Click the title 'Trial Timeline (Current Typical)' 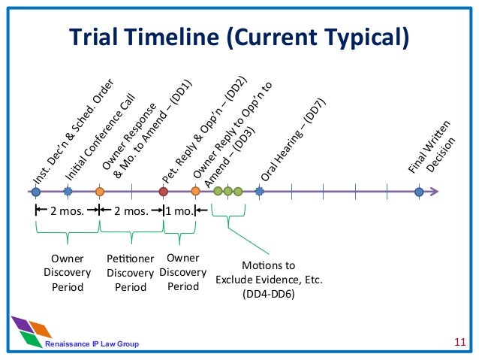pyautogui.click(x=239, y=37)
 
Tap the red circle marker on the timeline pyautogui.click(x=164, y=192)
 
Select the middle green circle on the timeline pyautogui.click(x=227, y=192)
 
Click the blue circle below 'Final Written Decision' pyautogui.click(x=419, y=192)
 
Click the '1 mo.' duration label pyautogui.click(x=179, y=212)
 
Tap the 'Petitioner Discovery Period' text pyautogui.click(x=130, y=272)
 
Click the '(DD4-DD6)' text pyautogui.click(x=268, y=294)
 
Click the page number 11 pyautogui.click(x=461, y=343)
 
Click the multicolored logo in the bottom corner pyautogui.click(x=31, y=331)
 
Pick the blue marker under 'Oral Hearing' pyautogui.click(x=259, y=192)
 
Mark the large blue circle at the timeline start pyautogui.click(x=35, y=192)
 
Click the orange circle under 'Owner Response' pyautogui.click(x=99, y=192)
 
